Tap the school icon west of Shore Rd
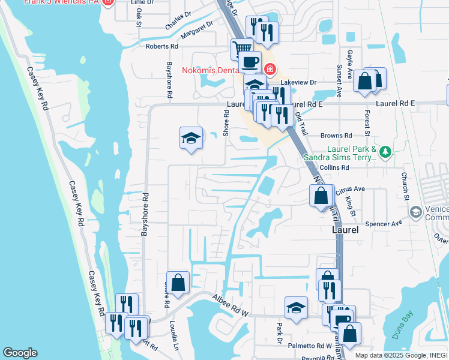coord(191,138)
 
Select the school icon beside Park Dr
coord(296,308)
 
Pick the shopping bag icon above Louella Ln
coord(178,283)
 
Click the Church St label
coord(405,186)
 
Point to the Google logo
coord(20,353)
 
